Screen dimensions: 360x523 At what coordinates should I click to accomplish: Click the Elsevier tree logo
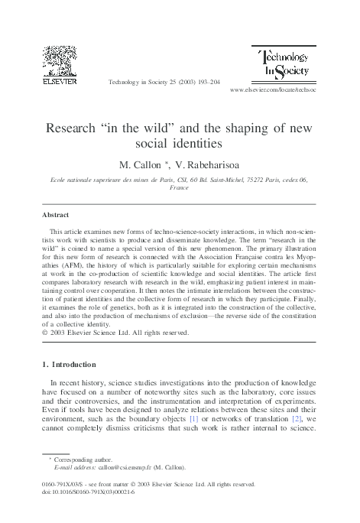59,60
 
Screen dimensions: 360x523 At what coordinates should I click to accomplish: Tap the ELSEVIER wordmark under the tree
59,79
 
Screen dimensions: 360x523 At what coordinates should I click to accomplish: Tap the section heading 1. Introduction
73,364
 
